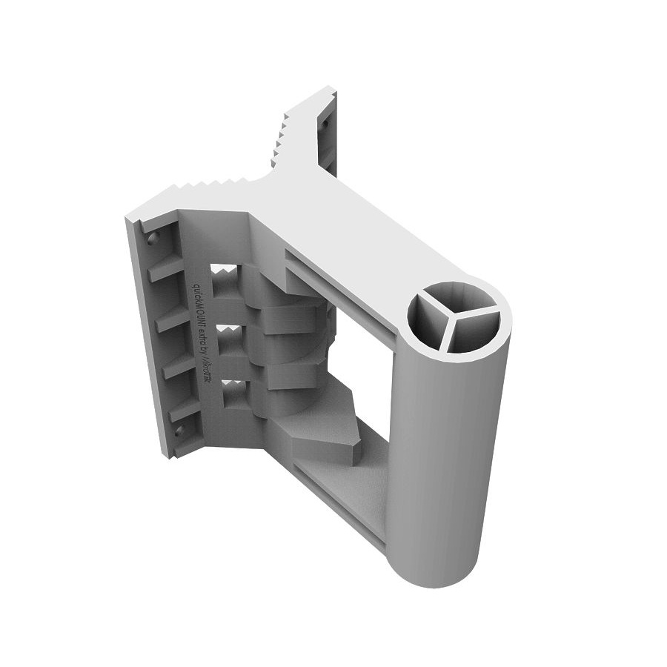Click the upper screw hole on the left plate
(x=153, y=239)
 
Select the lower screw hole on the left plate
(x=178, y=429)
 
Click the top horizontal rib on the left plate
(x=165, y=271)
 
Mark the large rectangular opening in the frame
(x=363, y=371)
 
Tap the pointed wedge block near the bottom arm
(x=326, y=437)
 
